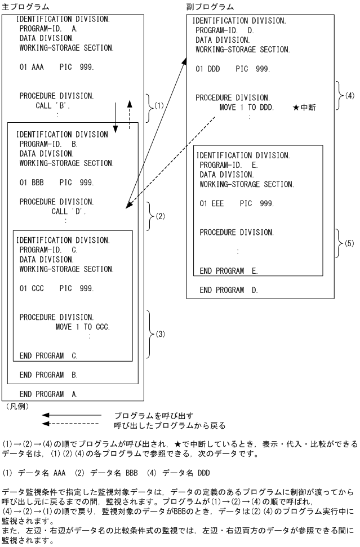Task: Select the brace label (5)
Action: pyautogui.click(x=349, y=243)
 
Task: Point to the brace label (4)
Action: pyautogui.click(x=349, y=96)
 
